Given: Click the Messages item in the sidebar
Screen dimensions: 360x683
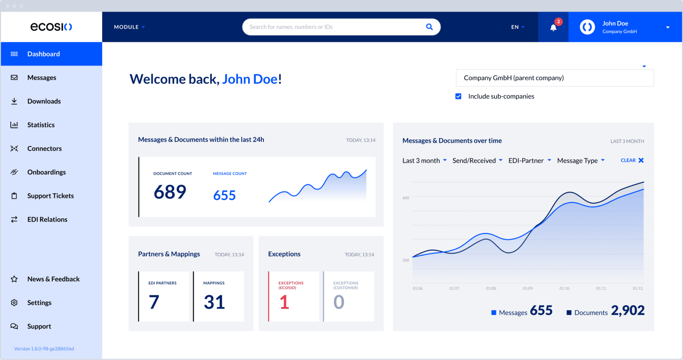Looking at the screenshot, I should coord(41,78).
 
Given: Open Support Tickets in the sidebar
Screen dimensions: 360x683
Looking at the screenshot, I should coord(50,196).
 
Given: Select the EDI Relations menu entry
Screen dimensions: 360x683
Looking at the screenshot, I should coord(47,219).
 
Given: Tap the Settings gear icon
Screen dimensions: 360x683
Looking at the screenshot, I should coord(14,303).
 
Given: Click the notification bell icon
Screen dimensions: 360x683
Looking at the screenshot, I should coord(553,27).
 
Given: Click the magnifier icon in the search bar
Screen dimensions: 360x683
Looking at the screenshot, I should coord(429,27).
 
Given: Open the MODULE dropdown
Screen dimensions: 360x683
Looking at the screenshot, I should coord(129,27).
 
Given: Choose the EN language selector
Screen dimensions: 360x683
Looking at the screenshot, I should coord(518,27).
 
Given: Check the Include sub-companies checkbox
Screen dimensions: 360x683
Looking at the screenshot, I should coord(458,96).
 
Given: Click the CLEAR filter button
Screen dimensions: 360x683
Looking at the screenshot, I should coord(632,160).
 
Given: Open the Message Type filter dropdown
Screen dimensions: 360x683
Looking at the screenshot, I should coord(581,161).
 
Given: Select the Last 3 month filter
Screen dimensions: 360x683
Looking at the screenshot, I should coord(424,161).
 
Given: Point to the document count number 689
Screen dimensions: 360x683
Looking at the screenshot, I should coord(170,192).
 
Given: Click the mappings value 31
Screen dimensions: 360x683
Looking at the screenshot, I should coord(214,302).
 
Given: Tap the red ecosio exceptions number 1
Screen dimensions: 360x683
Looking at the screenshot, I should coord(284,302).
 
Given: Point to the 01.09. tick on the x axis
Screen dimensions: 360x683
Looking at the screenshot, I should coord(528,288).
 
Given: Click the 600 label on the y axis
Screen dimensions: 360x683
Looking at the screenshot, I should coord(406,198).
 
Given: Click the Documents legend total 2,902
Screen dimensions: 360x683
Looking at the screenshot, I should coord(628,311).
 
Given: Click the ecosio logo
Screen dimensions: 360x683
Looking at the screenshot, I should coord(51,27).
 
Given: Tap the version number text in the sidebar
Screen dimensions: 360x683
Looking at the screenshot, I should coord(44,349).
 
